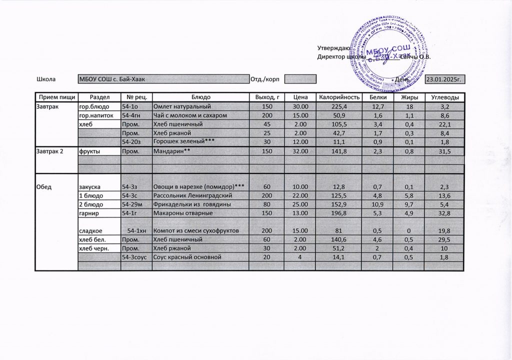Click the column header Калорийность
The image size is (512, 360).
point(339,97)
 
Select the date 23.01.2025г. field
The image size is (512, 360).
point(444,79)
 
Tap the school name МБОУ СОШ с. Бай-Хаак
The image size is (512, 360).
point(163,79)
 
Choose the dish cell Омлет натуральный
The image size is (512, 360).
point(199,107)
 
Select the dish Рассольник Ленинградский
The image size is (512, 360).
point(199,195)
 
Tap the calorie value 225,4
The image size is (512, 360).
point(339,107)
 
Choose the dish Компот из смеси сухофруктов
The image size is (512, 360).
point(199,231)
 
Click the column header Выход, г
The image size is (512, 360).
point(266,97)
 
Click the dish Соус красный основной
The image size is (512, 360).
point(199,257)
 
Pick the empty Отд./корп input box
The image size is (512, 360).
point(300,79)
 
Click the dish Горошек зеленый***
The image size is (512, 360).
point(199,142)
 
